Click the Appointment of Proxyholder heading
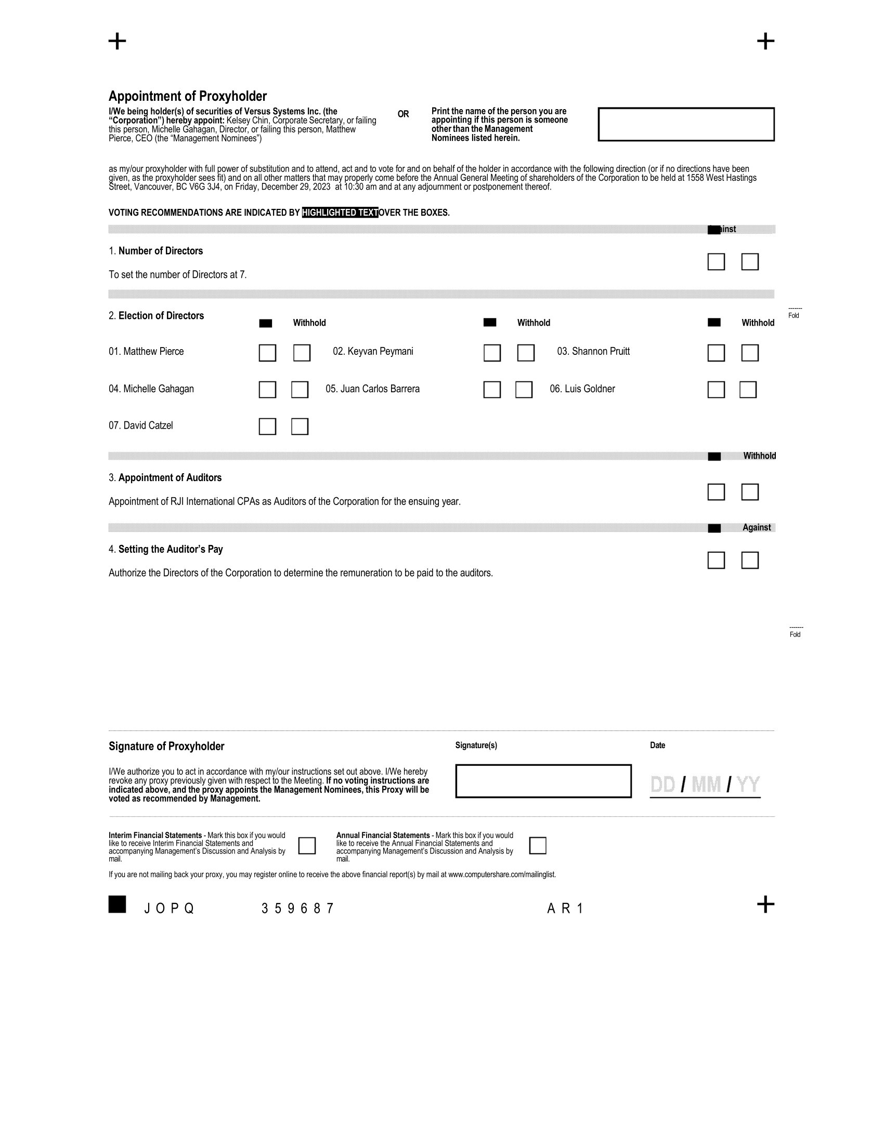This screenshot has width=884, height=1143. (x=188, y=96)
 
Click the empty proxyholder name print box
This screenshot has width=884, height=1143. (x=686, y=125)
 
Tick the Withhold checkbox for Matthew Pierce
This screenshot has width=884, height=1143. (x=302, y=353)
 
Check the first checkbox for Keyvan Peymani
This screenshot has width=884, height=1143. (x=492, y=353)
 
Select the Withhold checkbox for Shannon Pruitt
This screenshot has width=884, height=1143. (x=750, y=353)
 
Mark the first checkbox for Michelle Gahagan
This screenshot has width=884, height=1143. (x=268, y=390)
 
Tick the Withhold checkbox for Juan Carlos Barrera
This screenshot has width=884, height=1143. (x=524, y=390)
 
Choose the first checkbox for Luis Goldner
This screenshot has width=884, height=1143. (x=716, y=390)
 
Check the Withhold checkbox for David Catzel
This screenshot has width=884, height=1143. (x=300, y=427)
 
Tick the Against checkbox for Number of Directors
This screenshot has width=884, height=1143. (x=750, y=262)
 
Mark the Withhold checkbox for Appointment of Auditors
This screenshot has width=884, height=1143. (x=750, y=492)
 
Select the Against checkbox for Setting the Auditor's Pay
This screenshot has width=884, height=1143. (x=750, y=561)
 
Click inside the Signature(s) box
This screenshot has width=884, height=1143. (x=543, y=781)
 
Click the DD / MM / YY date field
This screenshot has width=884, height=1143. (x=705, y=785)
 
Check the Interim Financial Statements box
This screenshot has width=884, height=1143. (x=307, y=846)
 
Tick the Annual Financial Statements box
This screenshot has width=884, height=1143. (x=538, y=846)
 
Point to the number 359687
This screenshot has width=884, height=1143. (x=297, y=909)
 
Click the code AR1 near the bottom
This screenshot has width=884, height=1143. (x=565, y=909)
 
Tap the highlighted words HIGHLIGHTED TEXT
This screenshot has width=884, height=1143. (x=340, y=212)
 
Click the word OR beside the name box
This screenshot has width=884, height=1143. (x=403, y=114)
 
